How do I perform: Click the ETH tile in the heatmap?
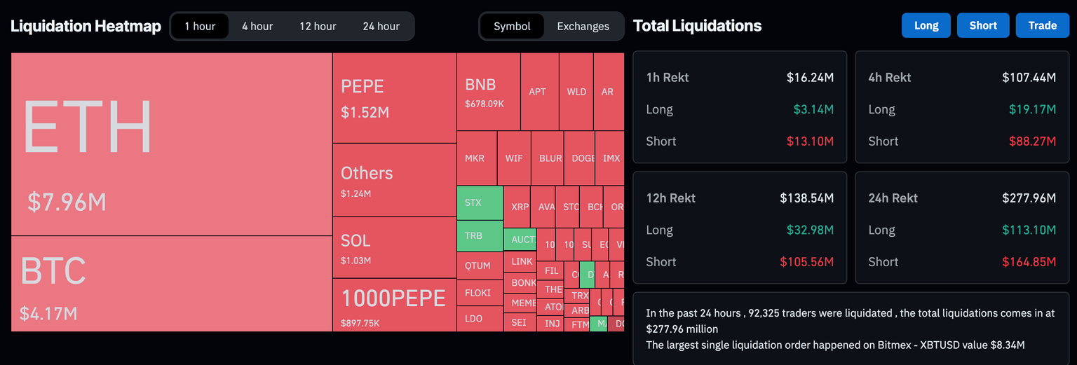pyautogui.click(x=171, y=144)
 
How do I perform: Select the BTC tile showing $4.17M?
pyautogui.click(x=171, y=284)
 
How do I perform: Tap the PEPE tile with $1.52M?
pyautogui.click(x=394, y=98)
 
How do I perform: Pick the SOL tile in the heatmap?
pyautogui.click(x=394, y=247)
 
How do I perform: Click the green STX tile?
pyautogui.click(x=480, y=203)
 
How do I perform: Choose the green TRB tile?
pyautogui.click(x=480, y=236)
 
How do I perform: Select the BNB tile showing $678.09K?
pyautogui.click(x=488, y=92)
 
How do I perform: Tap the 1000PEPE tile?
pyautogui.click(x=394, y=305)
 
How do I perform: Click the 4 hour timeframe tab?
pyautogui.click(x=257, y=27)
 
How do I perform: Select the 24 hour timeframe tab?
pyautogui.click(x=381, y=27)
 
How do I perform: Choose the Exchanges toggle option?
pyautogui.click(x=583, y=27)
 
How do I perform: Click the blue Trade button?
pyautogui.click(x=1042, y=26)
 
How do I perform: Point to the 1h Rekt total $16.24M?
pyautogui.click(x=810, y=78)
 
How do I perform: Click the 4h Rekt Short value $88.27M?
pyautogui.click(x=1031, y=142)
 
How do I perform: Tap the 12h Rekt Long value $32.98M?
pyautogui.click(x=810, y=230)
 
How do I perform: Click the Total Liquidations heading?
pyautogui.click(x=697, y=26)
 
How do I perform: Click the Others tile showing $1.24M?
pyautogui.click(x=394, y=180)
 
